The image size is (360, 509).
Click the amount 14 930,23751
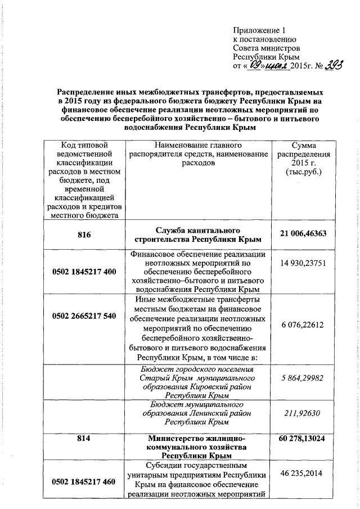[307, 263]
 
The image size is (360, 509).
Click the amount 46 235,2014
[307, 474]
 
